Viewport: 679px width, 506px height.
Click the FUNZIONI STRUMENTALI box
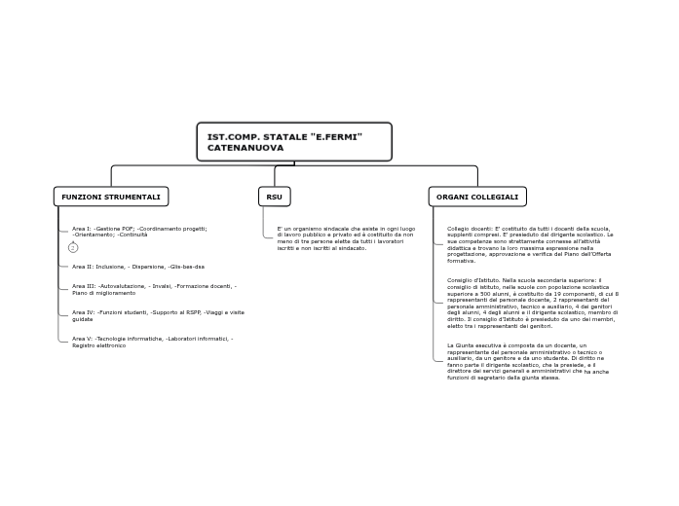(x=111, y=197)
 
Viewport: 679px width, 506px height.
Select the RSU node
(x=275, y=197)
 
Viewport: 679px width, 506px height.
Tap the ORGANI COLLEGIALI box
(x=477, y=197)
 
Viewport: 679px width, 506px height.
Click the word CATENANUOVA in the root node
(x=245, y=148)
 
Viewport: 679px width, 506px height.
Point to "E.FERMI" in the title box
(x=336, y=136)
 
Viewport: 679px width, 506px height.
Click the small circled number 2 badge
(x=73, y=248)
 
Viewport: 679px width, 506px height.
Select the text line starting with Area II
(x=137, y=267)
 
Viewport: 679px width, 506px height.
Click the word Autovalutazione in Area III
(x=122, y=286)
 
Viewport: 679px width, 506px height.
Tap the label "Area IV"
(x=83, y=312)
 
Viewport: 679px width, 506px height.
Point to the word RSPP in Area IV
(x=192, y=312)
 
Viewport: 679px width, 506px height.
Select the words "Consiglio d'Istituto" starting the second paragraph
(x=469, y=280)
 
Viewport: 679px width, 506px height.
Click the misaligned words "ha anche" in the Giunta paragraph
(x=596, y=372)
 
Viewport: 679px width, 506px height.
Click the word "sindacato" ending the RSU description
(x=351, y=248)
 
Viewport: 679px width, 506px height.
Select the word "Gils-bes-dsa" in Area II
(x=187, y=267)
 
